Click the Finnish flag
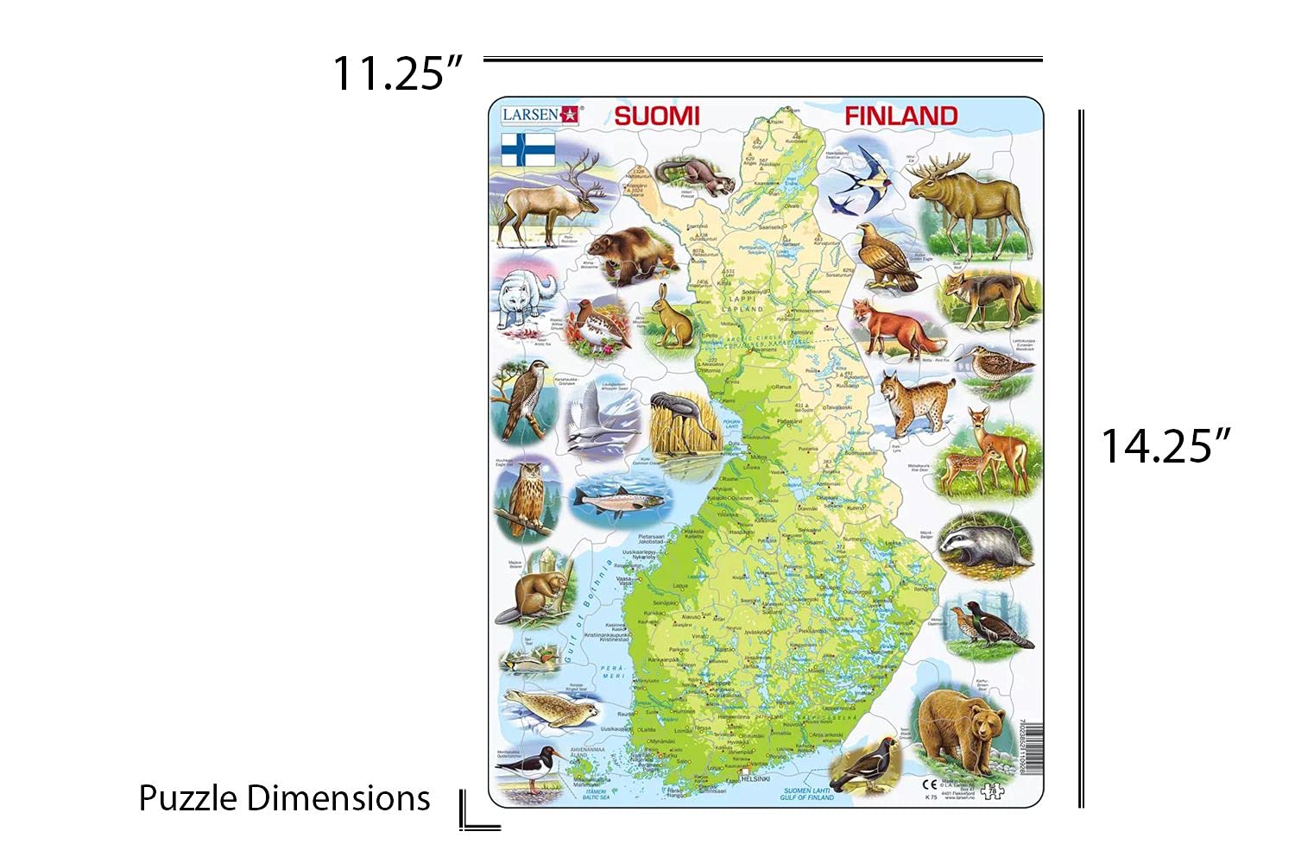527,148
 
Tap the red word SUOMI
656,116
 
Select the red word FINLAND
900,116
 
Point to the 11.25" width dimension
398,72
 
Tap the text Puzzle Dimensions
284,798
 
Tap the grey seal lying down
553,710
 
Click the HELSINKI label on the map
755,778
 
